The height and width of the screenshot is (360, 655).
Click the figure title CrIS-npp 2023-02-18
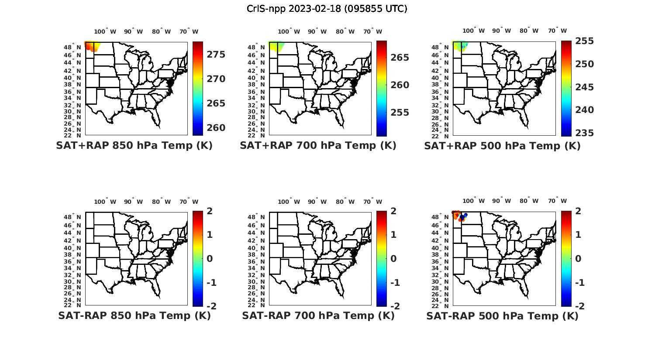[x=327, y=9]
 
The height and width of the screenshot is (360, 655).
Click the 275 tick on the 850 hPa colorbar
[x=216, y=55]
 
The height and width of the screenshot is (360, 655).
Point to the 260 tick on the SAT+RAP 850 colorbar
[x=216, y=128]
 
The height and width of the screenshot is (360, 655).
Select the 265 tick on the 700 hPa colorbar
[x=400, y=58]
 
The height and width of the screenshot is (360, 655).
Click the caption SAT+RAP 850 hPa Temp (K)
[x=134, y=146]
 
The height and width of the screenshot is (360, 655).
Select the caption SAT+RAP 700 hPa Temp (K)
[x=318, y=146]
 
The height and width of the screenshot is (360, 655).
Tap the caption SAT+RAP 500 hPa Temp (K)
[x=502, y=146]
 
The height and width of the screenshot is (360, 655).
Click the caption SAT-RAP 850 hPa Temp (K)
[x=134, y=315]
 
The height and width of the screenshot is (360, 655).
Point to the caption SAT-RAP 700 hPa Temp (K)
[x=318, y=315]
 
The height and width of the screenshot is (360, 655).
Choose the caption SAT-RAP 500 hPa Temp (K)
[x=502, y=315]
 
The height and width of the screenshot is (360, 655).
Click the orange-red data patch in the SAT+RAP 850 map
[x=91, y=46]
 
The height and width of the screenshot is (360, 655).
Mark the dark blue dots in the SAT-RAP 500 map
[x=463, y=216]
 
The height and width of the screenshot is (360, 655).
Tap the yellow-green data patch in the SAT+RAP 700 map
[x=275, y=46]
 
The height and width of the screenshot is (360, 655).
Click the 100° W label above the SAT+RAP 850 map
[x=105, y=31]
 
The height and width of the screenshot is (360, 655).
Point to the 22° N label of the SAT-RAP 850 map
[x=76, y=305]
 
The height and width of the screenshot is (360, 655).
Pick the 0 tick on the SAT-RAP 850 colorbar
[x=210, y=259]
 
